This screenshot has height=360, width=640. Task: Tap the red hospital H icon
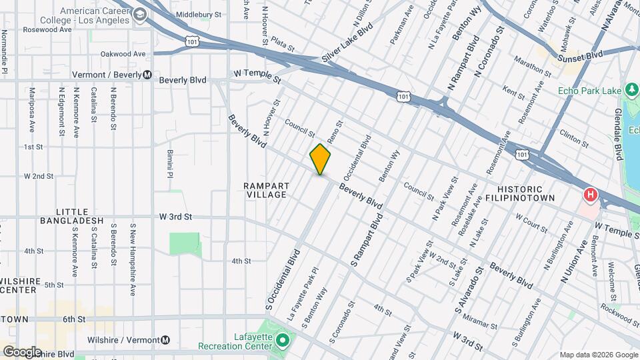pos(590,195)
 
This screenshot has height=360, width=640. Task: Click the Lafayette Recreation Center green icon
pos(282,341)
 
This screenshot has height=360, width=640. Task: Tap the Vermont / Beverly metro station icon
pos(147,75)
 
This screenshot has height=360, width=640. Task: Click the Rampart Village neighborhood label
pos(265,190)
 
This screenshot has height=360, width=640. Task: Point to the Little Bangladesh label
pos(72,216)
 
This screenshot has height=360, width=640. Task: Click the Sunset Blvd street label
pos(580,55)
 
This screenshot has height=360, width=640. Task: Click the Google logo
pos(22,352)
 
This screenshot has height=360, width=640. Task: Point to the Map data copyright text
pos(598,355)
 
